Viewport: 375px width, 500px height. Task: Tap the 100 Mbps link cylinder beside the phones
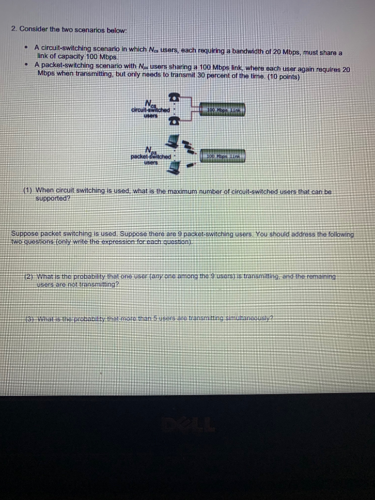point(222,109)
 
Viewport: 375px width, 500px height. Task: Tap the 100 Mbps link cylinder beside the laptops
point(222,156)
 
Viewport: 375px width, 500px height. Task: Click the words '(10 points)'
point(283,77)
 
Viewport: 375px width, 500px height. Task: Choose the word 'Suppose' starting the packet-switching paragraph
point(24,234)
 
